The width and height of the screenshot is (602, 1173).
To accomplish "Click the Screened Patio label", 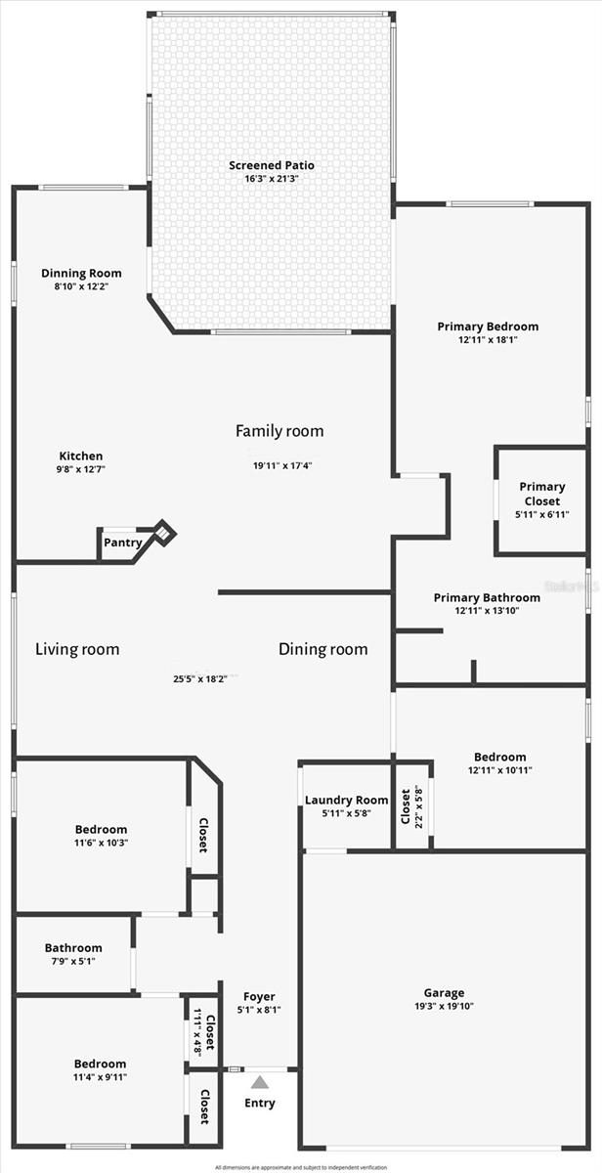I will [x=272, y=165].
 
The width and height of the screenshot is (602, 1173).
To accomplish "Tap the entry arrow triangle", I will [x=260, y=1082].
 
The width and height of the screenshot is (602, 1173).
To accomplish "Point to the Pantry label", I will [x=123, y=543].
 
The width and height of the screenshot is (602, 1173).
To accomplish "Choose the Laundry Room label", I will [x=346, y=800].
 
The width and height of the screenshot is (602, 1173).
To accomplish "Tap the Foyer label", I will [x=259, y=997].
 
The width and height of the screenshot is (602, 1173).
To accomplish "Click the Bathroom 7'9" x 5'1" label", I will [x=73, y=948].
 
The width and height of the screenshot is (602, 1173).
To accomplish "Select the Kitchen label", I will [x=81, y=456].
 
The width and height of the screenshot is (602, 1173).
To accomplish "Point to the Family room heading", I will [x=279, y=431].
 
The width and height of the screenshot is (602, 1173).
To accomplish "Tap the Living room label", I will [x=77, y=649].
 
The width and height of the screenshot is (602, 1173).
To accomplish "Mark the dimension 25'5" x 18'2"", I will [x=203, y=678].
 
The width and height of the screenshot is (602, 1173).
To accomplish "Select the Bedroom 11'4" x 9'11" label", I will [x=100, y=1064].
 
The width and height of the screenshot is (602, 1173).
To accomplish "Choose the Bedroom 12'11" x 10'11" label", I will [x=499, y=757].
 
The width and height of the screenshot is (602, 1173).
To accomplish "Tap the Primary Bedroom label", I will [x=488, y=326].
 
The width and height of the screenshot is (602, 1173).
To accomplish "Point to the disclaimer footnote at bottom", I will [x=301, y=1167].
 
